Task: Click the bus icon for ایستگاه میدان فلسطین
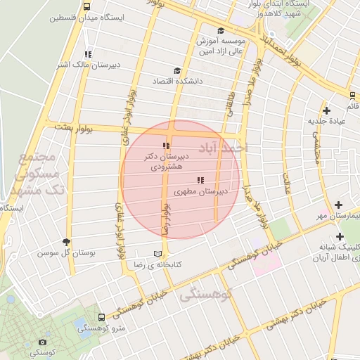(86, 6)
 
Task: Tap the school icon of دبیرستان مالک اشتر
(88, 54)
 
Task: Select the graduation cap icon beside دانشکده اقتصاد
(176, 70)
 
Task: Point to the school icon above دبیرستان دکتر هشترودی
(166, 146)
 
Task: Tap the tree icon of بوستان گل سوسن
(67, 242)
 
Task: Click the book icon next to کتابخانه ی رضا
(157, 254)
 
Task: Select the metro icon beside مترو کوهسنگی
(102, 318)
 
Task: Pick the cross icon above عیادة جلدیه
(326, 110)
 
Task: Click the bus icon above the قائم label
(352, 95)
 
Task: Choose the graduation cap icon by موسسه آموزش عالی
(221, 31)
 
